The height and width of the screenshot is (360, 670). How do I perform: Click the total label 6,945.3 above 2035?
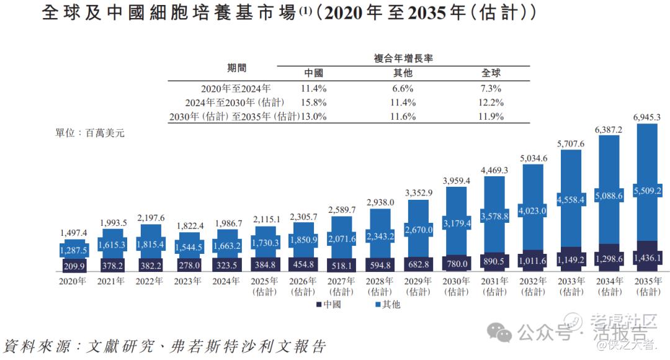coord(647,117)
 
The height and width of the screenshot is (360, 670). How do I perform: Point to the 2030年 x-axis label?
coord(458,281)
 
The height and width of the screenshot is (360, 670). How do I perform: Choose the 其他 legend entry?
coord(387,304)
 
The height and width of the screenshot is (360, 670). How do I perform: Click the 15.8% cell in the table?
coord(313,102)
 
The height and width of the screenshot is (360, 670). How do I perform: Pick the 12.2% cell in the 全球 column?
coord(489,102)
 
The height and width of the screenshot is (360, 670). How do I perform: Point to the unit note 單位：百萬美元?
coord(90,132)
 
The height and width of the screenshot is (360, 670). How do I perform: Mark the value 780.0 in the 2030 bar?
coord(458,264)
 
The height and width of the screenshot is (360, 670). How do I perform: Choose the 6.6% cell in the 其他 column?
coord(403,89)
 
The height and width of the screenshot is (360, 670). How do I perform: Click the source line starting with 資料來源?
coord(164,346)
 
